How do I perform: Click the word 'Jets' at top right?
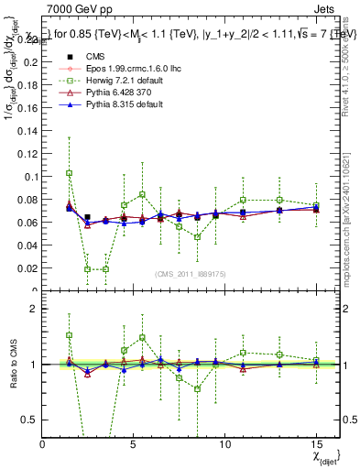tap(327, 8)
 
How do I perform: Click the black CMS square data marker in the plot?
tap(88, 218)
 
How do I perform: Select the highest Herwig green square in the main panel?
tap(70, 173)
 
